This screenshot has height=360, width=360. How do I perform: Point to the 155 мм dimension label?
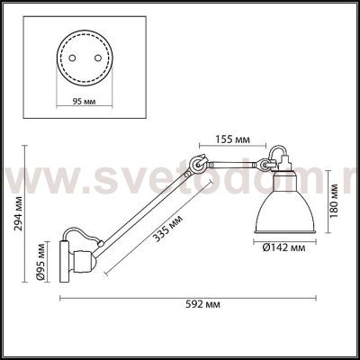[x=233, y=139]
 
